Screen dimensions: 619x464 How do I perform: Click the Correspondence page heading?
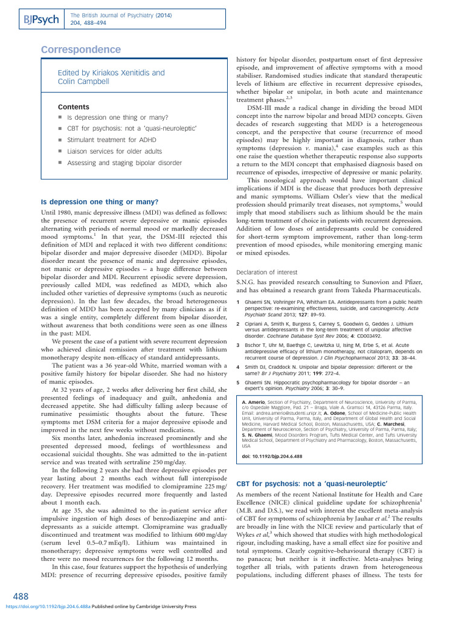pyautogui.click(x=81, y=50)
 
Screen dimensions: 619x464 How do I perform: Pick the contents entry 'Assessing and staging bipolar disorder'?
pyautogui.click(x=124, y=163)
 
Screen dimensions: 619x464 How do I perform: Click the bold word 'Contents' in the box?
pyautogui.click(x=73, y=106)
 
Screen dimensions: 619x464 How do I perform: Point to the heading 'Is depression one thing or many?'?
pyautogui.click(x=100, y=201)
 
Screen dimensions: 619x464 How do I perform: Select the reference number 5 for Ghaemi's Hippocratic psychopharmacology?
pyautogui.click(x=238, y=382)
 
